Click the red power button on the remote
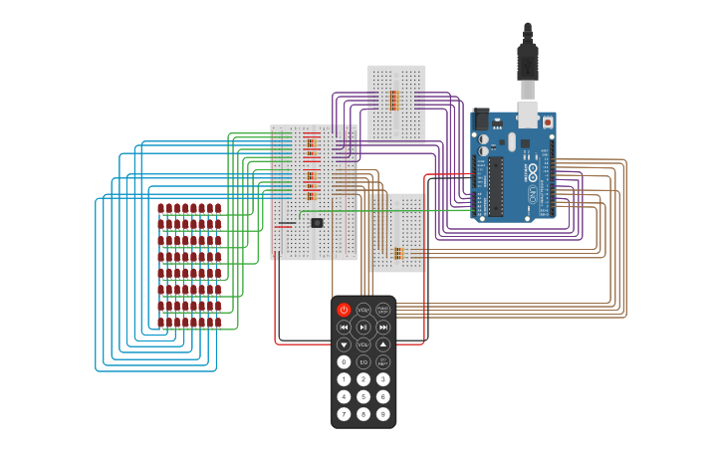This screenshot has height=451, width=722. pos(344,310)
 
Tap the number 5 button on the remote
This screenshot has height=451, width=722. pos(363,396)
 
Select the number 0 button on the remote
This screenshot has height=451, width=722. pos(344,361)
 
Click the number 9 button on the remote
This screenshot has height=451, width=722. pos(383,413)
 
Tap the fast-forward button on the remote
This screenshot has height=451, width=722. pos(383,327)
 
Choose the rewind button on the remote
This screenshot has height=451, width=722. pos(344,327)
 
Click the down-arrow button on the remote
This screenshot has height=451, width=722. pos(344,344)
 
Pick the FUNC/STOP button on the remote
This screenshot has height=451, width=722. pos(383,310)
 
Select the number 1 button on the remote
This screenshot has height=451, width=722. pos(344,379)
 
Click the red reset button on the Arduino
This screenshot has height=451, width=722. pos(547,121)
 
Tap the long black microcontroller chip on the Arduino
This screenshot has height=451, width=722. pos(495,185)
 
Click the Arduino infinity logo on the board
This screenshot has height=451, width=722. pos(532,170)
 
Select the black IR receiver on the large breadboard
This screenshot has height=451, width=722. pos(317,223)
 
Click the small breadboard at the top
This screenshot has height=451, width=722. pos(396,103)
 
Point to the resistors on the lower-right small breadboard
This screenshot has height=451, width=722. pos(398,253)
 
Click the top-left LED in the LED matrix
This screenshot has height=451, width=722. pos(161,209)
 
